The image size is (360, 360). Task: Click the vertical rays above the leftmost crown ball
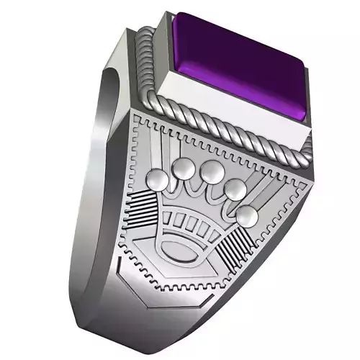(155, 151)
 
